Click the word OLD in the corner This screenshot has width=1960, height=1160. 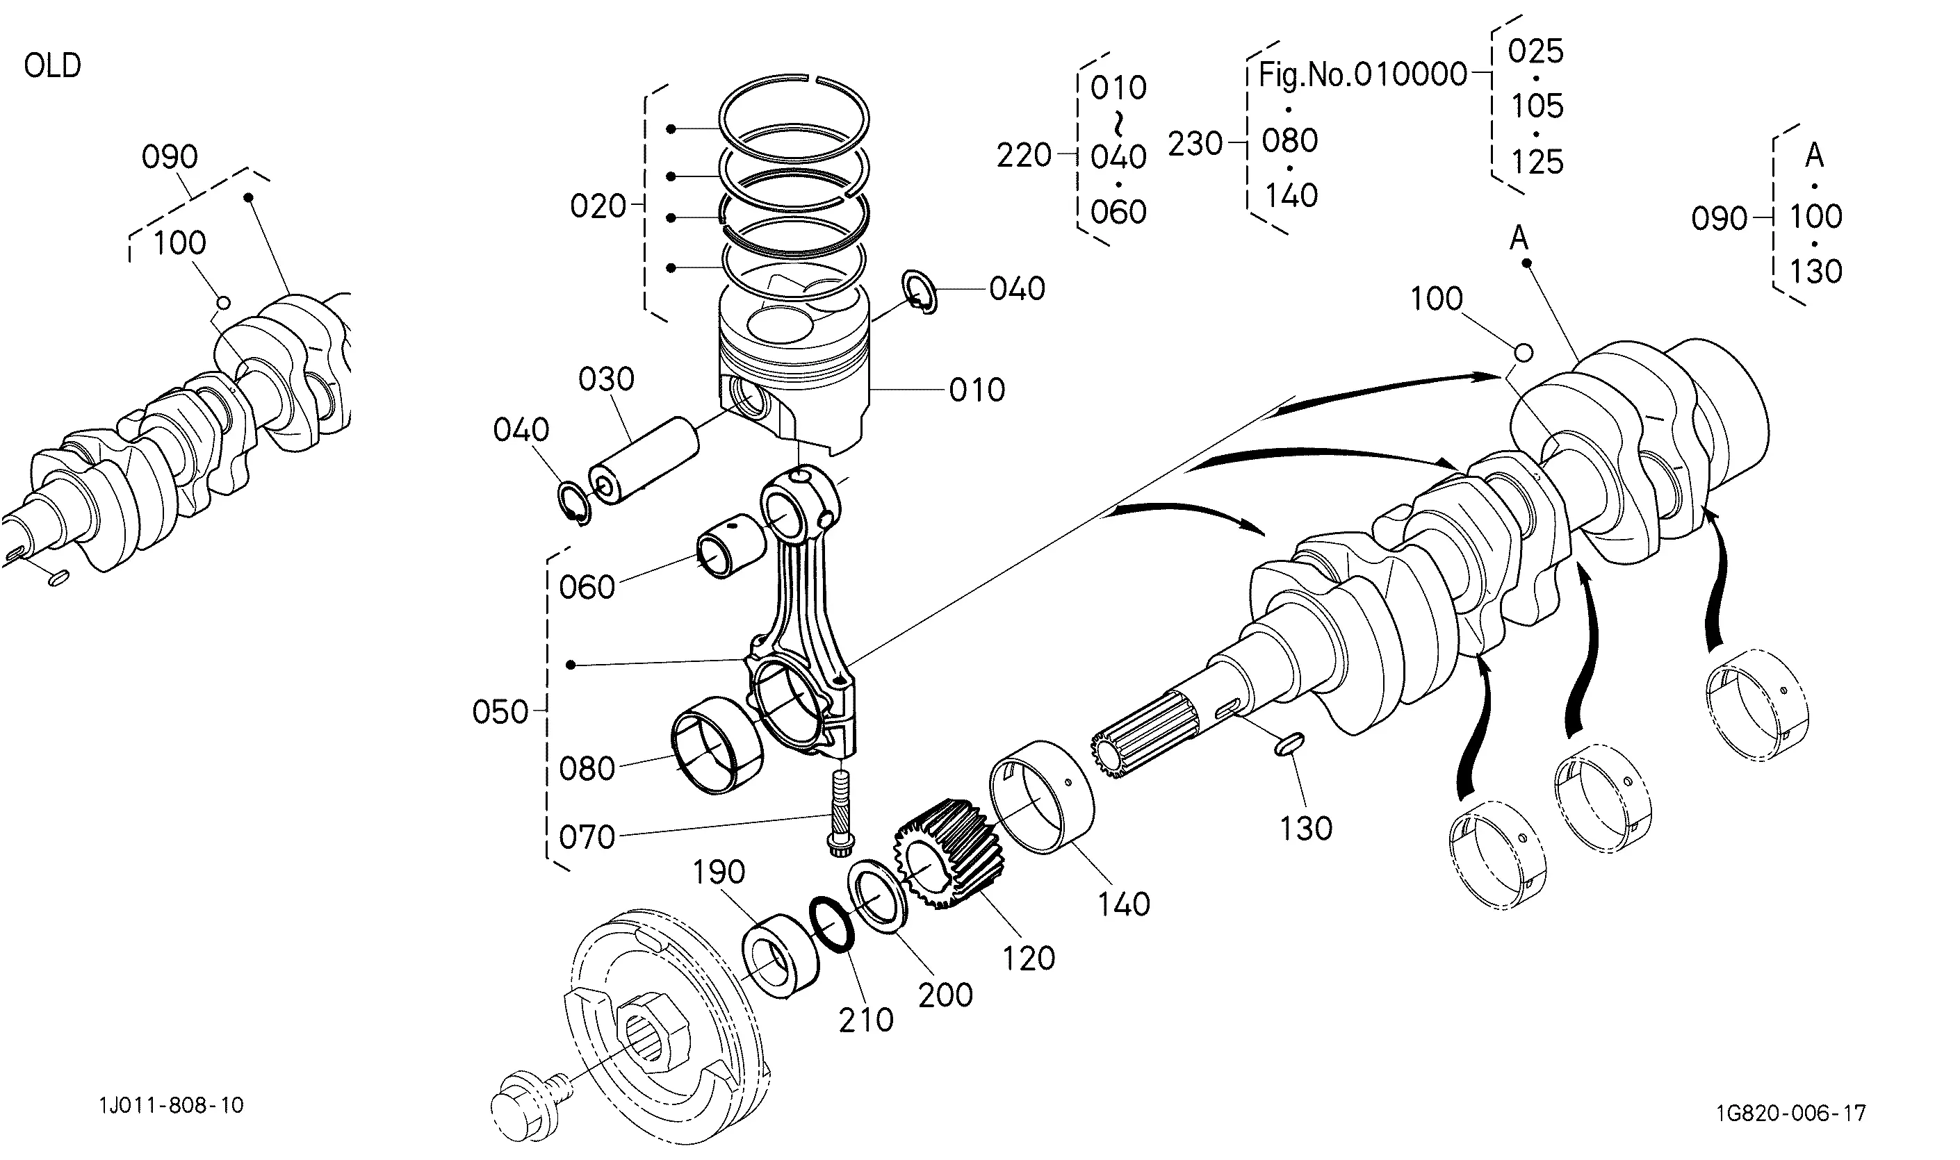pos(52,66)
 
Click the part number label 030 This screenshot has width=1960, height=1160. pos(606,379)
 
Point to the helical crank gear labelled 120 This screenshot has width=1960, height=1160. pos(949,854)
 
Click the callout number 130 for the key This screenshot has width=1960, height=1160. pos(1305,829)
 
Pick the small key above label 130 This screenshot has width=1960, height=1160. pos(1288,745)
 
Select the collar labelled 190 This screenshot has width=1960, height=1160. pos(780,955)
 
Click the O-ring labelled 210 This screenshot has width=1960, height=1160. pos(832,923)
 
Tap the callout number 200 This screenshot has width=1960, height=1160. pos(945,995)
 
